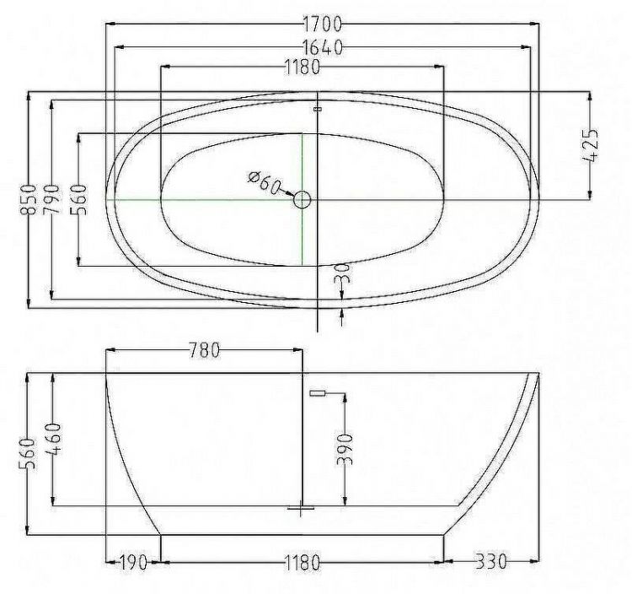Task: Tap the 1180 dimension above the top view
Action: pyautogui.click(x=302, y=69)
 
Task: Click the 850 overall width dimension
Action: pyautogui.click(x=29, y=201)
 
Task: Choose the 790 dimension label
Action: pyautogui.click(x=52, y=200)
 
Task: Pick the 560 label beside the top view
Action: pyautogui.click(x=78, y=200)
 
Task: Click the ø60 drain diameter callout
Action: pyautogui.click(x=264, y=182)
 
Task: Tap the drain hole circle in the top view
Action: pyautogui.click(x=303, y=200)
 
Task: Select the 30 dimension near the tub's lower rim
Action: pyautogui.click(x=341, y=273)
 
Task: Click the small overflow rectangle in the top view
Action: pyautogui.click(x=318, y=109)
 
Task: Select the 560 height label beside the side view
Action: pyautogui.click(x=29, y=454)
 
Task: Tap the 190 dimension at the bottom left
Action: pyautogui.click(x=133, y=562)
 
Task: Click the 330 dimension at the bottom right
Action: pyautogui.click(x=490, y=562)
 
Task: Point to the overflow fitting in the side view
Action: pyautogui.click(x=318, y=392)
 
